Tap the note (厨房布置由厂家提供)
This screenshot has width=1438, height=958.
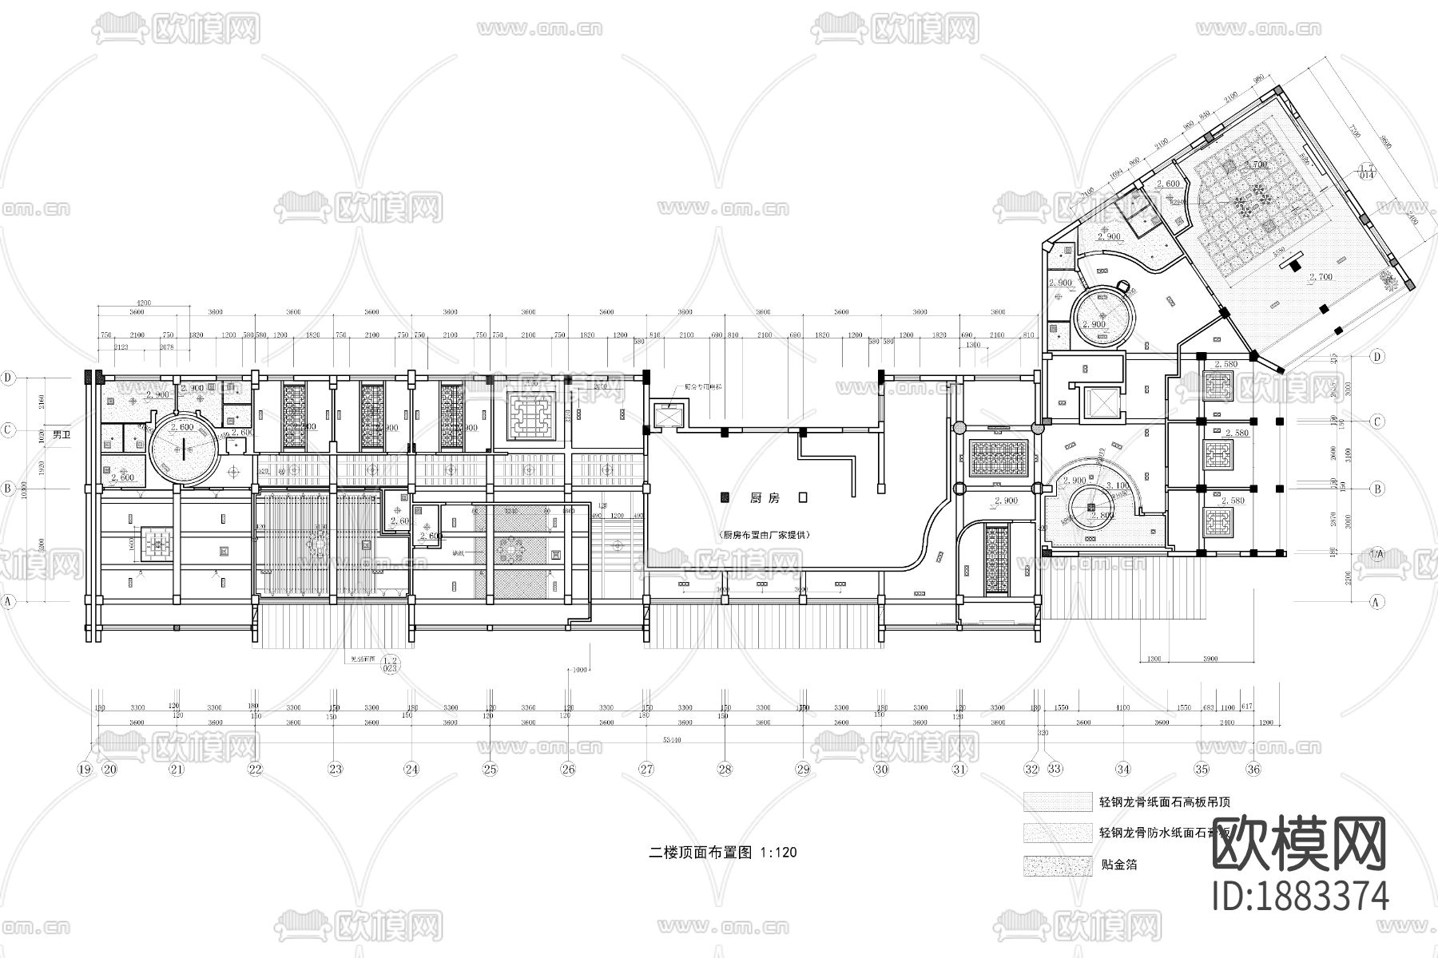click(765, 535)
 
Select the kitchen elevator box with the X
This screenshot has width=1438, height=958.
click(665, 415)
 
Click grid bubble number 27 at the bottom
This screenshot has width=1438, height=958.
click(646, 769)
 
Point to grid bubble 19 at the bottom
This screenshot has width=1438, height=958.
click(85, 769)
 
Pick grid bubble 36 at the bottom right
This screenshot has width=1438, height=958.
click(1253, 769)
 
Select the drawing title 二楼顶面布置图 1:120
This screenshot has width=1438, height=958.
click(722, 852)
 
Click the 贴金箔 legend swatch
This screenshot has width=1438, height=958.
click(1058, 864)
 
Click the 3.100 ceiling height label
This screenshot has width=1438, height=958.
click(1117, 485)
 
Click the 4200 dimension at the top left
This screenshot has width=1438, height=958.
click(144, 303)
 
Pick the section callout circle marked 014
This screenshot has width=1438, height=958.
click(1366, 171)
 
